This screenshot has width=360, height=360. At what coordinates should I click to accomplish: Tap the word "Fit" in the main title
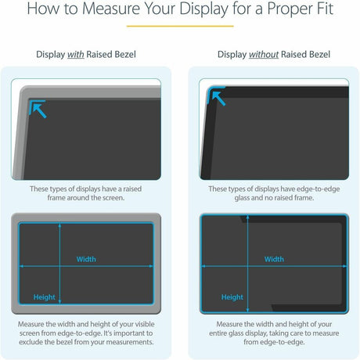point(319,11)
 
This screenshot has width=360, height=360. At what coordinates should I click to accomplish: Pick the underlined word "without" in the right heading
point(268,55)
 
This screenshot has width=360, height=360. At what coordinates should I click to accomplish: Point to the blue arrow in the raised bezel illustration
point(36,109)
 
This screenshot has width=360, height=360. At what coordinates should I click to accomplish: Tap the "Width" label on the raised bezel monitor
point(86,259)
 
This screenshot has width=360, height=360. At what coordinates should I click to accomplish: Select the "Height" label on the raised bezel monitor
point(45,297)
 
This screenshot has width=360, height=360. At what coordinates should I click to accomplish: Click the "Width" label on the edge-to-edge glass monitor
point(274,259)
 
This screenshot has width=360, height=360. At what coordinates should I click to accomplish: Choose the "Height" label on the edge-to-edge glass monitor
point(232,297)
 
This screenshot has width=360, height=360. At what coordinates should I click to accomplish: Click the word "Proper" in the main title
point(276,11)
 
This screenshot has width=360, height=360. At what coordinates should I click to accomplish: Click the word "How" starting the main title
point(38,11)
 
